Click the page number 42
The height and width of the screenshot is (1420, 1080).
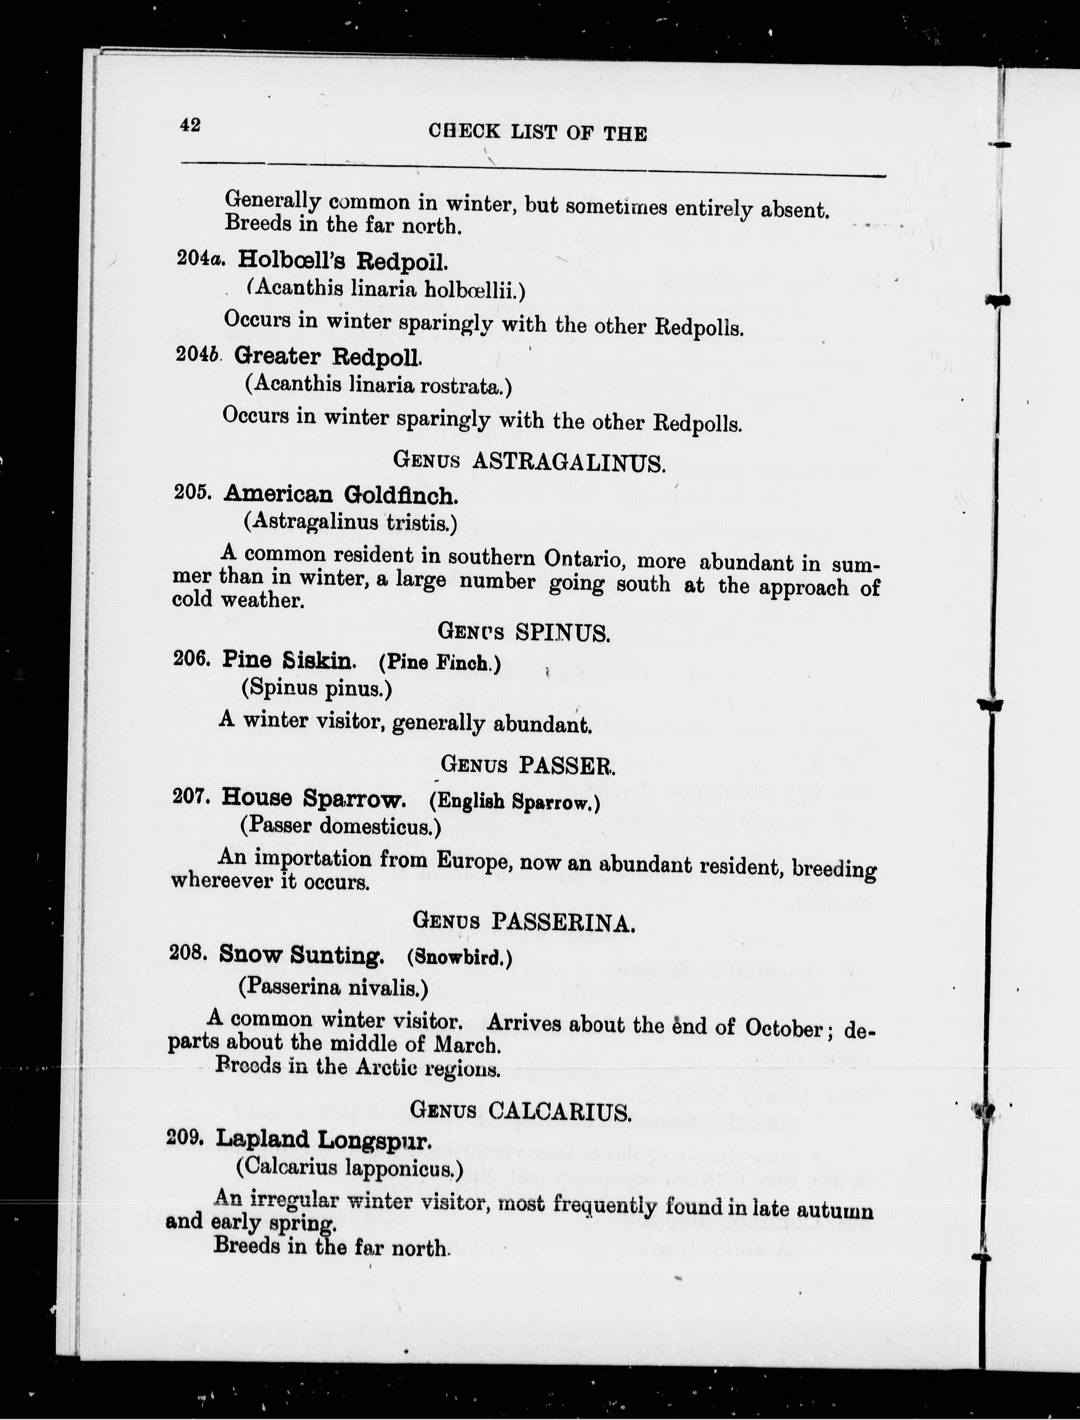pos(190,125)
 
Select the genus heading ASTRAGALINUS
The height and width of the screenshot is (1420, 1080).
pos(568,462)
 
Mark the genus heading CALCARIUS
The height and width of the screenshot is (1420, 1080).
pos(559,1111)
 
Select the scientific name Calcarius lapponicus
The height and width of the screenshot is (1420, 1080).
pos(350,1167)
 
